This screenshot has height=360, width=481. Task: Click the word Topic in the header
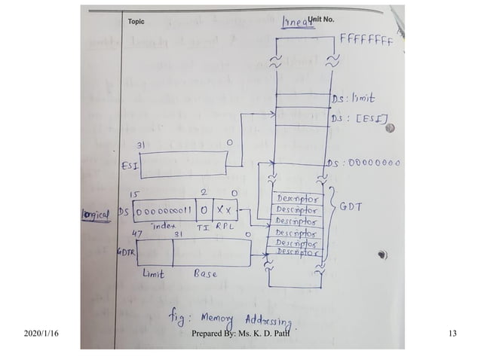[136, 22]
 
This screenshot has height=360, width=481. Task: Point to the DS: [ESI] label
[359, 119]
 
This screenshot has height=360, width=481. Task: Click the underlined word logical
[95, 213]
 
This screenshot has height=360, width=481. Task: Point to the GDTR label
[125, 253]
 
